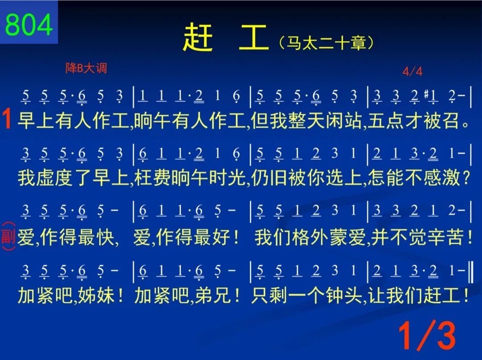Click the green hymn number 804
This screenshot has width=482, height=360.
pyautogui.click(x=29, y=25)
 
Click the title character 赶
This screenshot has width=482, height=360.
pyautogui.click(x=198, y=38)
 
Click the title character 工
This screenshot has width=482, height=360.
pyautogui.click(x=253, y=38)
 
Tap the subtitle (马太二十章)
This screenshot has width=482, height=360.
pyautogui.click(x=326, y=43)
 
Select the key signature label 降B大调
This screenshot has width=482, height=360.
pyautogui.click(x=86, y=68)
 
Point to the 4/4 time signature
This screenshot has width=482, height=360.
pyautogui.click(x=412, y=71)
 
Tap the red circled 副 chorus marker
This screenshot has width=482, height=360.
pyautogui.click(x=8, y=236)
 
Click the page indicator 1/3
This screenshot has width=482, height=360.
pyautogui.click(x=427, y=335)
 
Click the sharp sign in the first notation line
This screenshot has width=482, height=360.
pyautogui.click(x=426, y=93)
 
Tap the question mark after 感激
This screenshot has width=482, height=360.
pyautogui.click(x=466, y=178)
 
